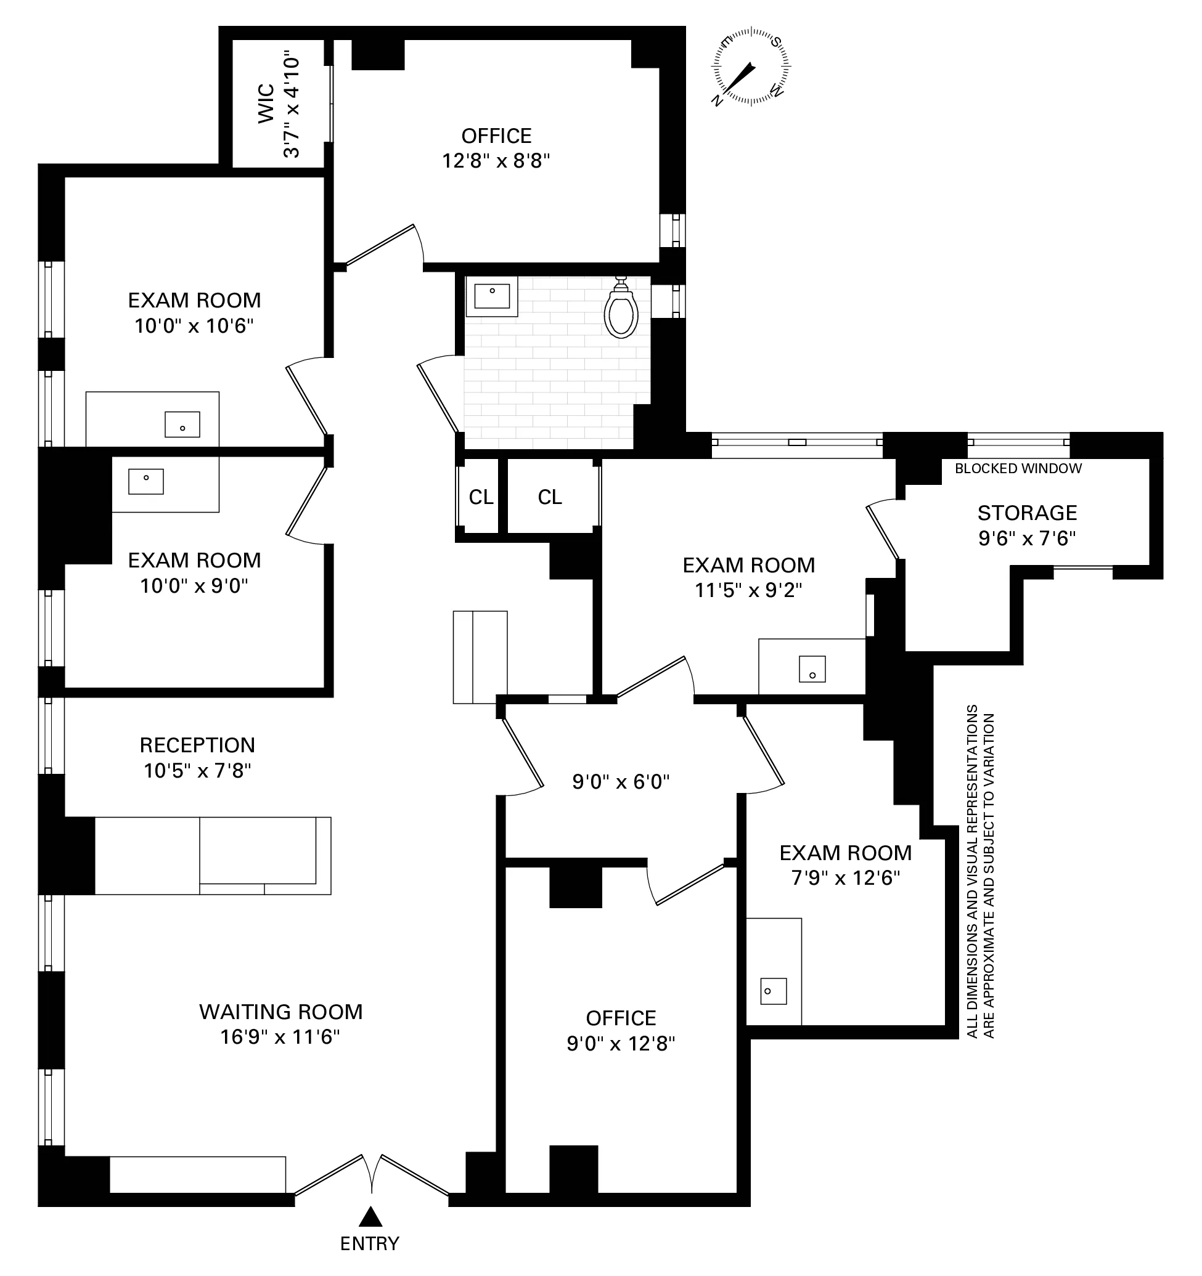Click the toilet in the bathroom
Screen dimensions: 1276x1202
(x=620, y=311)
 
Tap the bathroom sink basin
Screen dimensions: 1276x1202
(x=492, y=296)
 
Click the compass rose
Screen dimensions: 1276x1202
(x=751, y=66)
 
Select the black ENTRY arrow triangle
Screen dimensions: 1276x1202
(x=370, y=1216)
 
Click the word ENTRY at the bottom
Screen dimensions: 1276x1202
(x=370, y=1244)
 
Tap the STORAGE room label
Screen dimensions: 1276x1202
(x=1027, y=513)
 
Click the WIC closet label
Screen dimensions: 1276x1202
(x=266, y=104)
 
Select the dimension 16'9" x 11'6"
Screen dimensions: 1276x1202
(x=280, y=1037)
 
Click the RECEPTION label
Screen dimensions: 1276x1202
(x=197, y=745)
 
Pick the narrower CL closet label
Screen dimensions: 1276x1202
(x=481, y=497)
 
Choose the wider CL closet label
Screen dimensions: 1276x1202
(x=550, y=497)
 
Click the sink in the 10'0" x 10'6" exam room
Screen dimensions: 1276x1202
(x=182, y=425)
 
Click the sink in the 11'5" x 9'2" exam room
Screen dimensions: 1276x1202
(x=812, y=670)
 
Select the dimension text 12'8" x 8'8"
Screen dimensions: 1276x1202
(x=496, y=160)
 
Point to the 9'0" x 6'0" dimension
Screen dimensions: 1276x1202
(x=620, y=782)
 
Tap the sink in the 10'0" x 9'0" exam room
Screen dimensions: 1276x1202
(x=145, y=481)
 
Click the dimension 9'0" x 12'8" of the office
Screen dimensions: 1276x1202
(x=620, y=1044)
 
